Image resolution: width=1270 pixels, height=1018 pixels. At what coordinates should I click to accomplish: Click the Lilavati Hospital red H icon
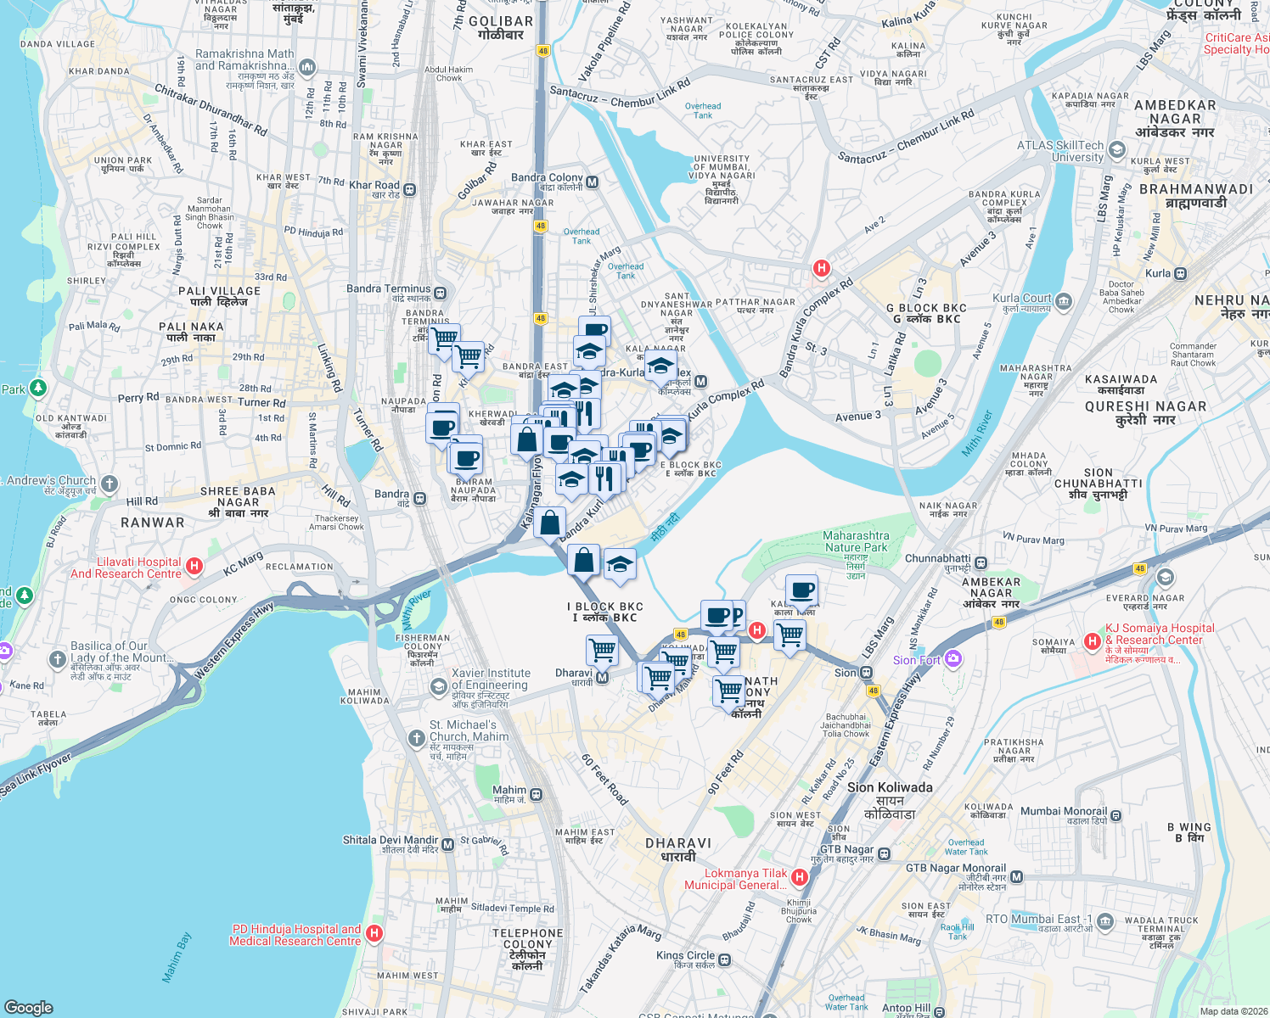[x=194, y=567]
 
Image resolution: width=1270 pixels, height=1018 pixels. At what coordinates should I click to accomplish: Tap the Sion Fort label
[x=917, y=660]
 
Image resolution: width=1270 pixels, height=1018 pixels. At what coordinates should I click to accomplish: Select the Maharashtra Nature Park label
[x=856, y=541]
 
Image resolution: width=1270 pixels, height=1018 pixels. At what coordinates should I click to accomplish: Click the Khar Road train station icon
[x=410, y=189]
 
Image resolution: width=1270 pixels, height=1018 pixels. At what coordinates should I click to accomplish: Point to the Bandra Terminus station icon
[x=440, y=294]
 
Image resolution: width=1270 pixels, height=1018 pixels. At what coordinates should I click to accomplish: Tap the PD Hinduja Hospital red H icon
[x=374, y=934]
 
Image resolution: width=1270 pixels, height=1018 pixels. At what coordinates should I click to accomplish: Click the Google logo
[x=28, y=1007]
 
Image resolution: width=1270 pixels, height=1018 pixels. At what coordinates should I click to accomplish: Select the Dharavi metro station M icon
[x=602, y=678]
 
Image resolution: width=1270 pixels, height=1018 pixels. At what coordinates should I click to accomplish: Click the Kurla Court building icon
[x=1064, y=301]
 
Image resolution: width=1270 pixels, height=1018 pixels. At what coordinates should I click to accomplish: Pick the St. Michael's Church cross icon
[x=416, y=738]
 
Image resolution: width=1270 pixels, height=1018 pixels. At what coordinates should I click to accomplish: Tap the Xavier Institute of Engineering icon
[x=438, y=686]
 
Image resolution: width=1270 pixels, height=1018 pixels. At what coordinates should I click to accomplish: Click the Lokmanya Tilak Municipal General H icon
[x=799, y=877]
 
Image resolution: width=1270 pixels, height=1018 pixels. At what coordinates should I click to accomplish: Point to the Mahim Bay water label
[x=177, y=958]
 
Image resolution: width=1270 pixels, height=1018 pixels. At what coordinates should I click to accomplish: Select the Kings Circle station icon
[x=724, y=960]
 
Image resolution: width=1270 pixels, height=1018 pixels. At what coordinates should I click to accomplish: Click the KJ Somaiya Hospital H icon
[x=1093, y=641]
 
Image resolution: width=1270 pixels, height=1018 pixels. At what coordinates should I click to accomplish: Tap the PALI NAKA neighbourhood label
[x=191, y=332]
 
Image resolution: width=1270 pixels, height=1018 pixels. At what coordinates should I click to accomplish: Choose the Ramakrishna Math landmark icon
[x=307, y=66]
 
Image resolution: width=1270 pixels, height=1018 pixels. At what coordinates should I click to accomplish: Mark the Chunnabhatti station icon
[x=981, y=562]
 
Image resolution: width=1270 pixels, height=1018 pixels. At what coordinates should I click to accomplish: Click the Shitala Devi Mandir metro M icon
[x=447, y=845]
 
